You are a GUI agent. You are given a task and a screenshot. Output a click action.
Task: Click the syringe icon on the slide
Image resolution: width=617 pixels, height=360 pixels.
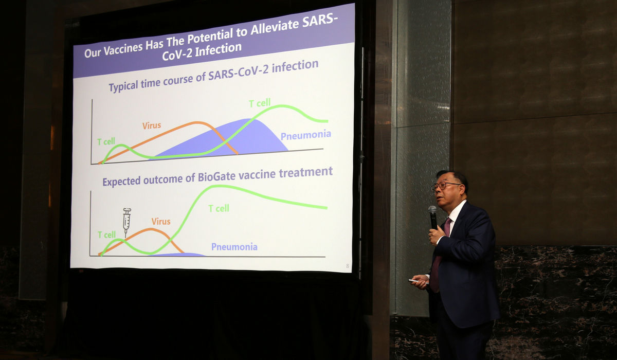(126, 222)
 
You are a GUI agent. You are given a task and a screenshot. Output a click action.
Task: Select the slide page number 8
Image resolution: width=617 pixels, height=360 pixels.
(348, 266)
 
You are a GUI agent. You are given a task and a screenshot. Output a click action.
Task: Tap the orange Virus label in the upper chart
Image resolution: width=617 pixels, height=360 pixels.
(152, 125)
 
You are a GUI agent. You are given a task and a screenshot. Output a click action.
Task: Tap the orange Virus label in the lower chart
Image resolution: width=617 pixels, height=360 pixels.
(161, 222)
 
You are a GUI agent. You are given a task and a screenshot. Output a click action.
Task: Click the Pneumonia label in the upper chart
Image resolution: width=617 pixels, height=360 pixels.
(306, 135)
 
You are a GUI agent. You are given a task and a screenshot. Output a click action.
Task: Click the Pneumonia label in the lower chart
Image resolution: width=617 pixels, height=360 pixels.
(234, 247)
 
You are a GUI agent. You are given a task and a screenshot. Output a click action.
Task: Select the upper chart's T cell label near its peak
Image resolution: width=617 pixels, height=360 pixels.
(260, 103)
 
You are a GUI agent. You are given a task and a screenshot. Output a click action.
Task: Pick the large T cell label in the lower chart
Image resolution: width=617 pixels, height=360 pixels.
(219, 208)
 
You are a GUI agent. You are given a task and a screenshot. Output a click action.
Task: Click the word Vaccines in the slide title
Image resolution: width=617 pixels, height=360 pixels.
(123, 49)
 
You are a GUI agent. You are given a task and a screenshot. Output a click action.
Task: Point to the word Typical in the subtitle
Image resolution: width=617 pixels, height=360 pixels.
(123, 86)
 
